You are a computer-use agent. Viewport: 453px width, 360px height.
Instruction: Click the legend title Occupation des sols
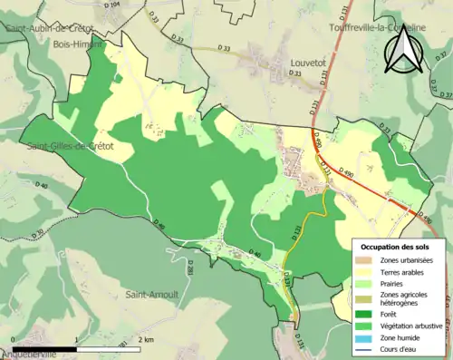coord(401,247)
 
